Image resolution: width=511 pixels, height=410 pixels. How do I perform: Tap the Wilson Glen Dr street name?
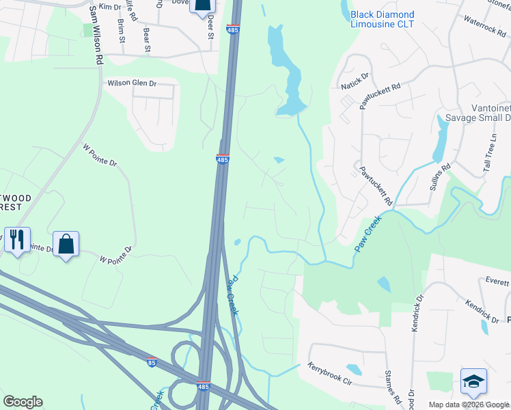[x=132, y=83]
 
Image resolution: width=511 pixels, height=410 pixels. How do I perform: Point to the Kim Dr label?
[x=109, y=6]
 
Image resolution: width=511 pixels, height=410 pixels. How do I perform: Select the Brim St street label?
[x=122, y=31]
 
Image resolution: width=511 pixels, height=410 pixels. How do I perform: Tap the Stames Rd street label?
[x=391, y=386]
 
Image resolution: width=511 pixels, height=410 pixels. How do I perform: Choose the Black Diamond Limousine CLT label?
[x=382, y=19]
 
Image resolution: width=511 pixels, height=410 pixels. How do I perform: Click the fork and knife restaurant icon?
[x=17, y=239]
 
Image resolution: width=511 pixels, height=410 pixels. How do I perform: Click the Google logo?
[x=23, y=402]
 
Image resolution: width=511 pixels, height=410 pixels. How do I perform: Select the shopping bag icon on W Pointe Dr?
[x=66, y=244]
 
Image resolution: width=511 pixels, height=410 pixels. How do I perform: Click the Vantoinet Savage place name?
[x=478, y=113]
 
